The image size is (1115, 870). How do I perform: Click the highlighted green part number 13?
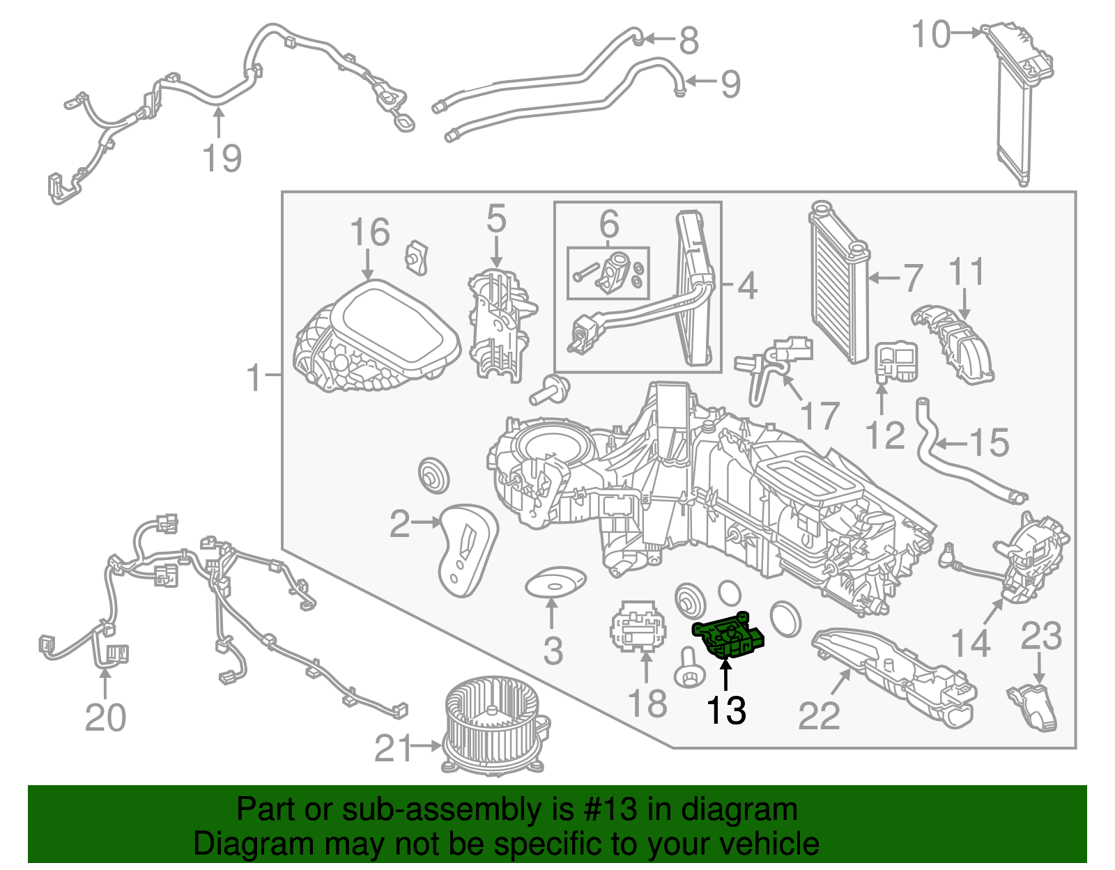(729, 635)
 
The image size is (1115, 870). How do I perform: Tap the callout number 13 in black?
(726, 710)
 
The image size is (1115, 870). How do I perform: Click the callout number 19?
(222, 158)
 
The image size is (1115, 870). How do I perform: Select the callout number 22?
(819, 715)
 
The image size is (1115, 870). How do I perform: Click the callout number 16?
(369, 232)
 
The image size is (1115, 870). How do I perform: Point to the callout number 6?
(609, 224)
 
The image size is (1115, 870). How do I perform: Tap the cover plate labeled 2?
(465, 550)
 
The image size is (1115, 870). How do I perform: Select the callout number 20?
(105, 717)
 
